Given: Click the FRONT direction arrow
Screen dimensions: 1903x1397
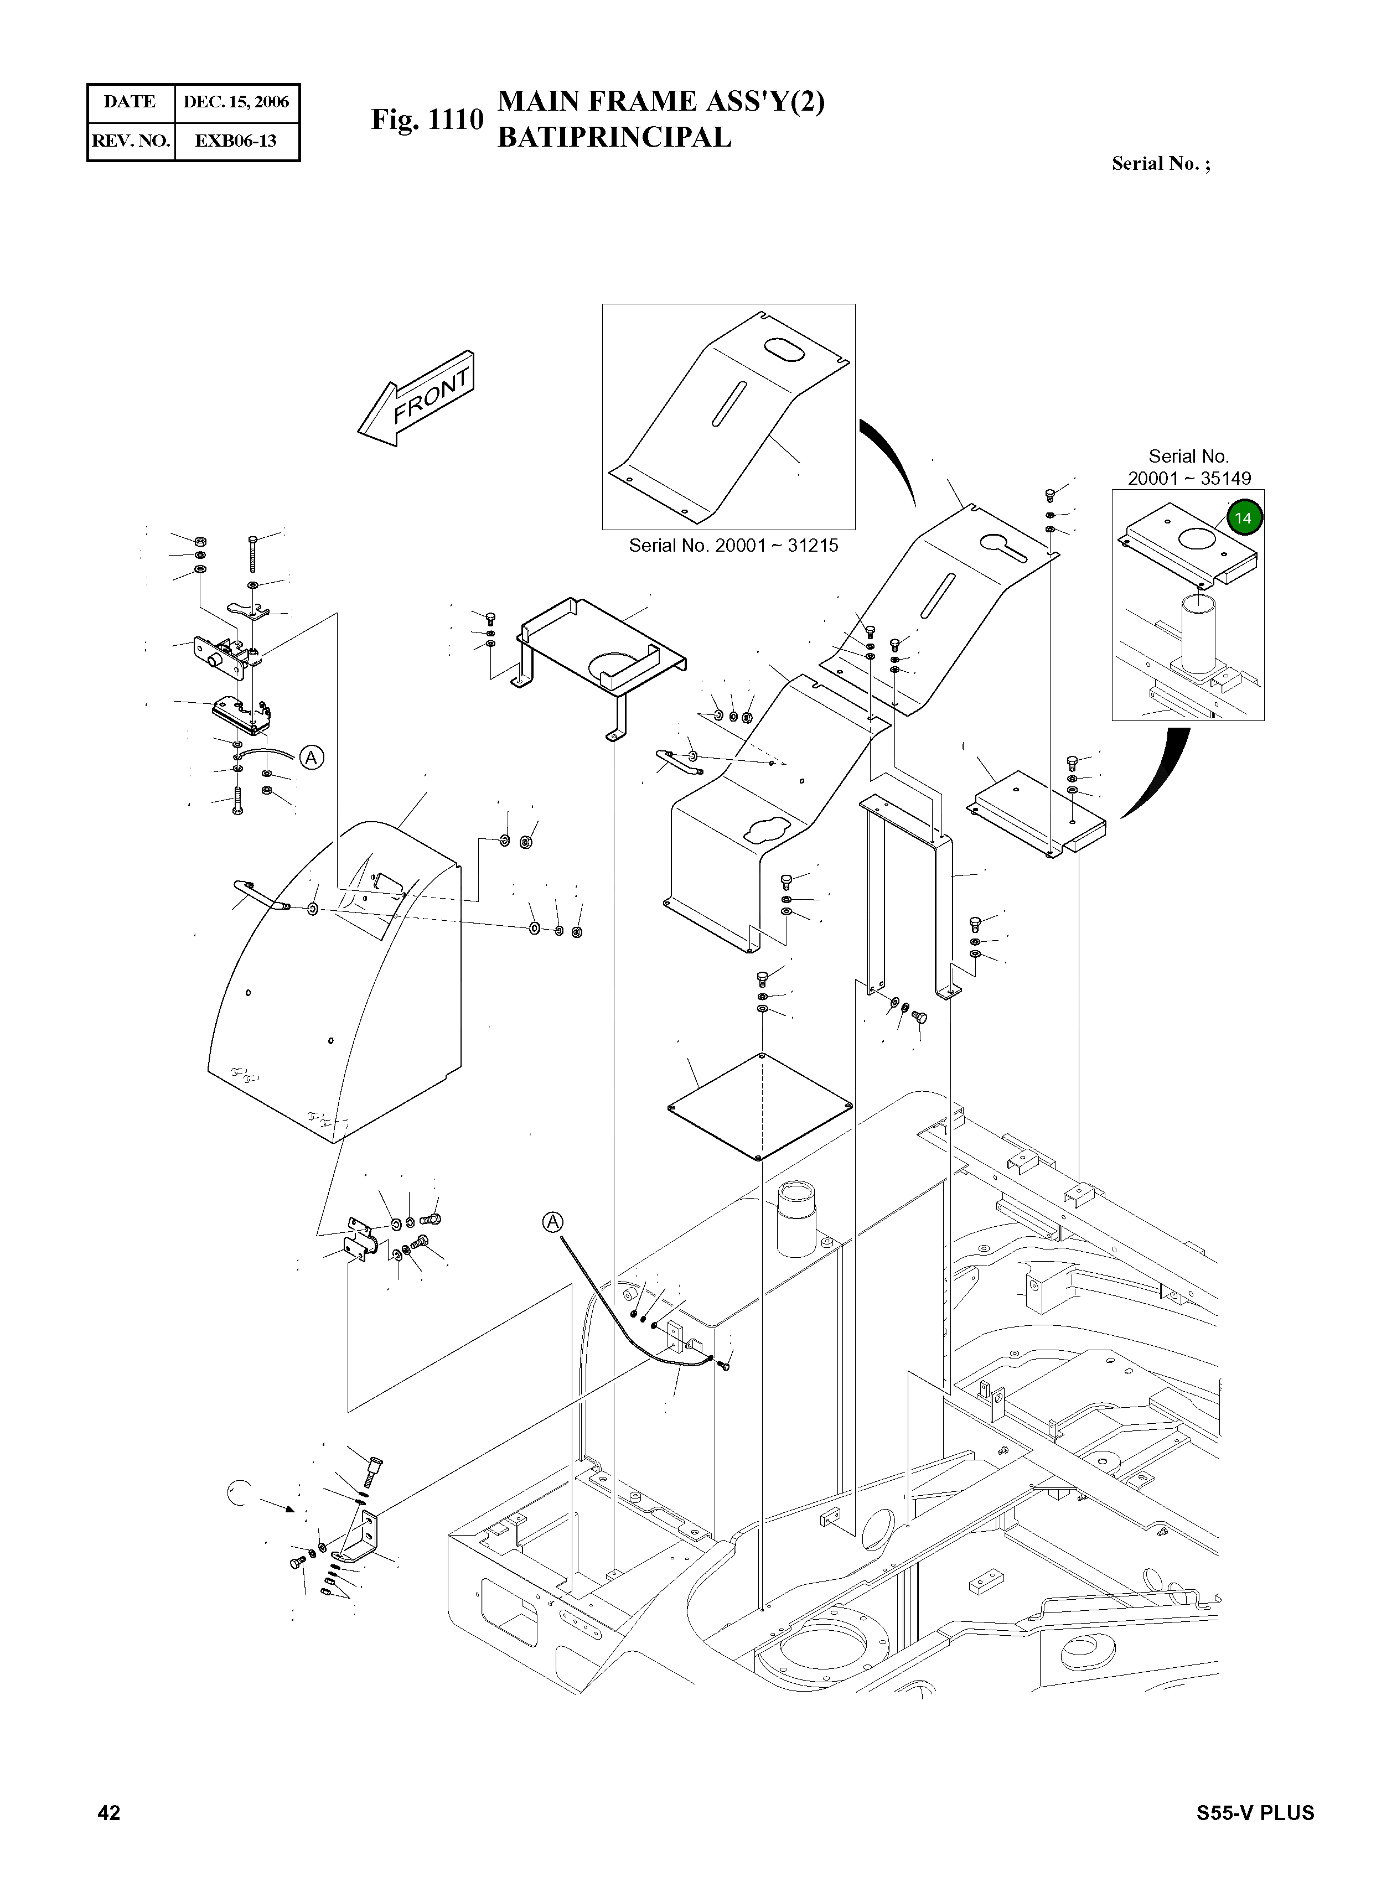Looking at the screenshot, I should [417, 399].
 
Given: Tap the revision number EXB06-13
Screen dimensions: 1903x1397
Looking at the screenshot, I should [236, 141].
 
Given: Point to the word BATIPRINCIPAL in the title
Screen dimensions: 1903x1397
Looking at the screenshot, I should [614, 137].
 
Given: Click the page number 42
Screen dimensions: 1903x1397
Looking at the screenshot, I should [109, 1813].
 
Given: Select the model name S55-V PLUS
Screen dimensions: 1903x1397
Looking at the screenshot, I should [1255, 1813].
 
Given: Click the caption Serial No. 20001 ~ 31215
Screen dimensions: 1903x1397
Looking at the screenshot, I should [733, 545].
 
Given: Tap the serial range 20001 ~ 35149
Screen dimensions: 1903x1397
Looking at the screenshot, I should [1189, 478].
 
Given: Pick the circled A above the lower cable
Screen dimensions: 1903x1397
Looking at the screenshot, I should [552, 1222].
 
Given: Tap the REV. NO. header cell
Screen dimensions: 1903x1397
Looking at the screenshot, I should [130, 141].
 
